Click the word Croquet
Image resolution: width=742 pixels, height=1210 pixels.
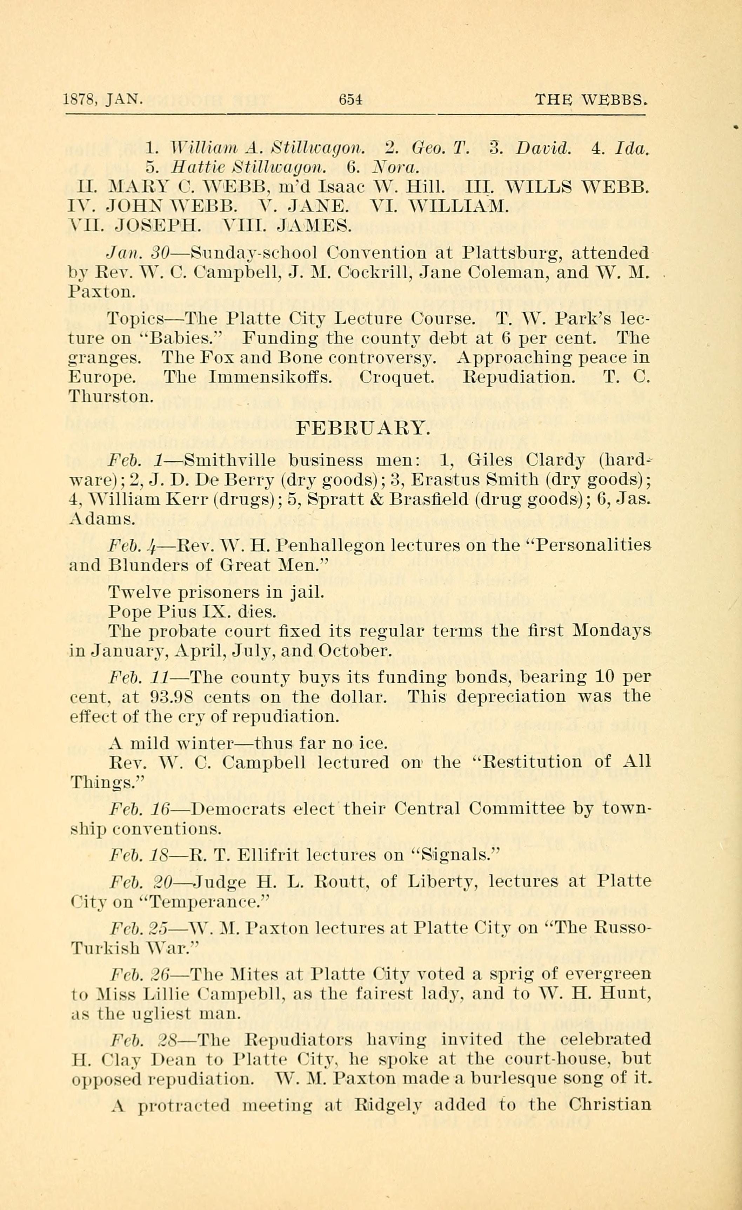pyautogui.click(x=396, y=377)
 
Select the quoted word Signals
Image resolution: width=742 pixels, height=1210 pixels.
pyautogui.click(x=455, y=855)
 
